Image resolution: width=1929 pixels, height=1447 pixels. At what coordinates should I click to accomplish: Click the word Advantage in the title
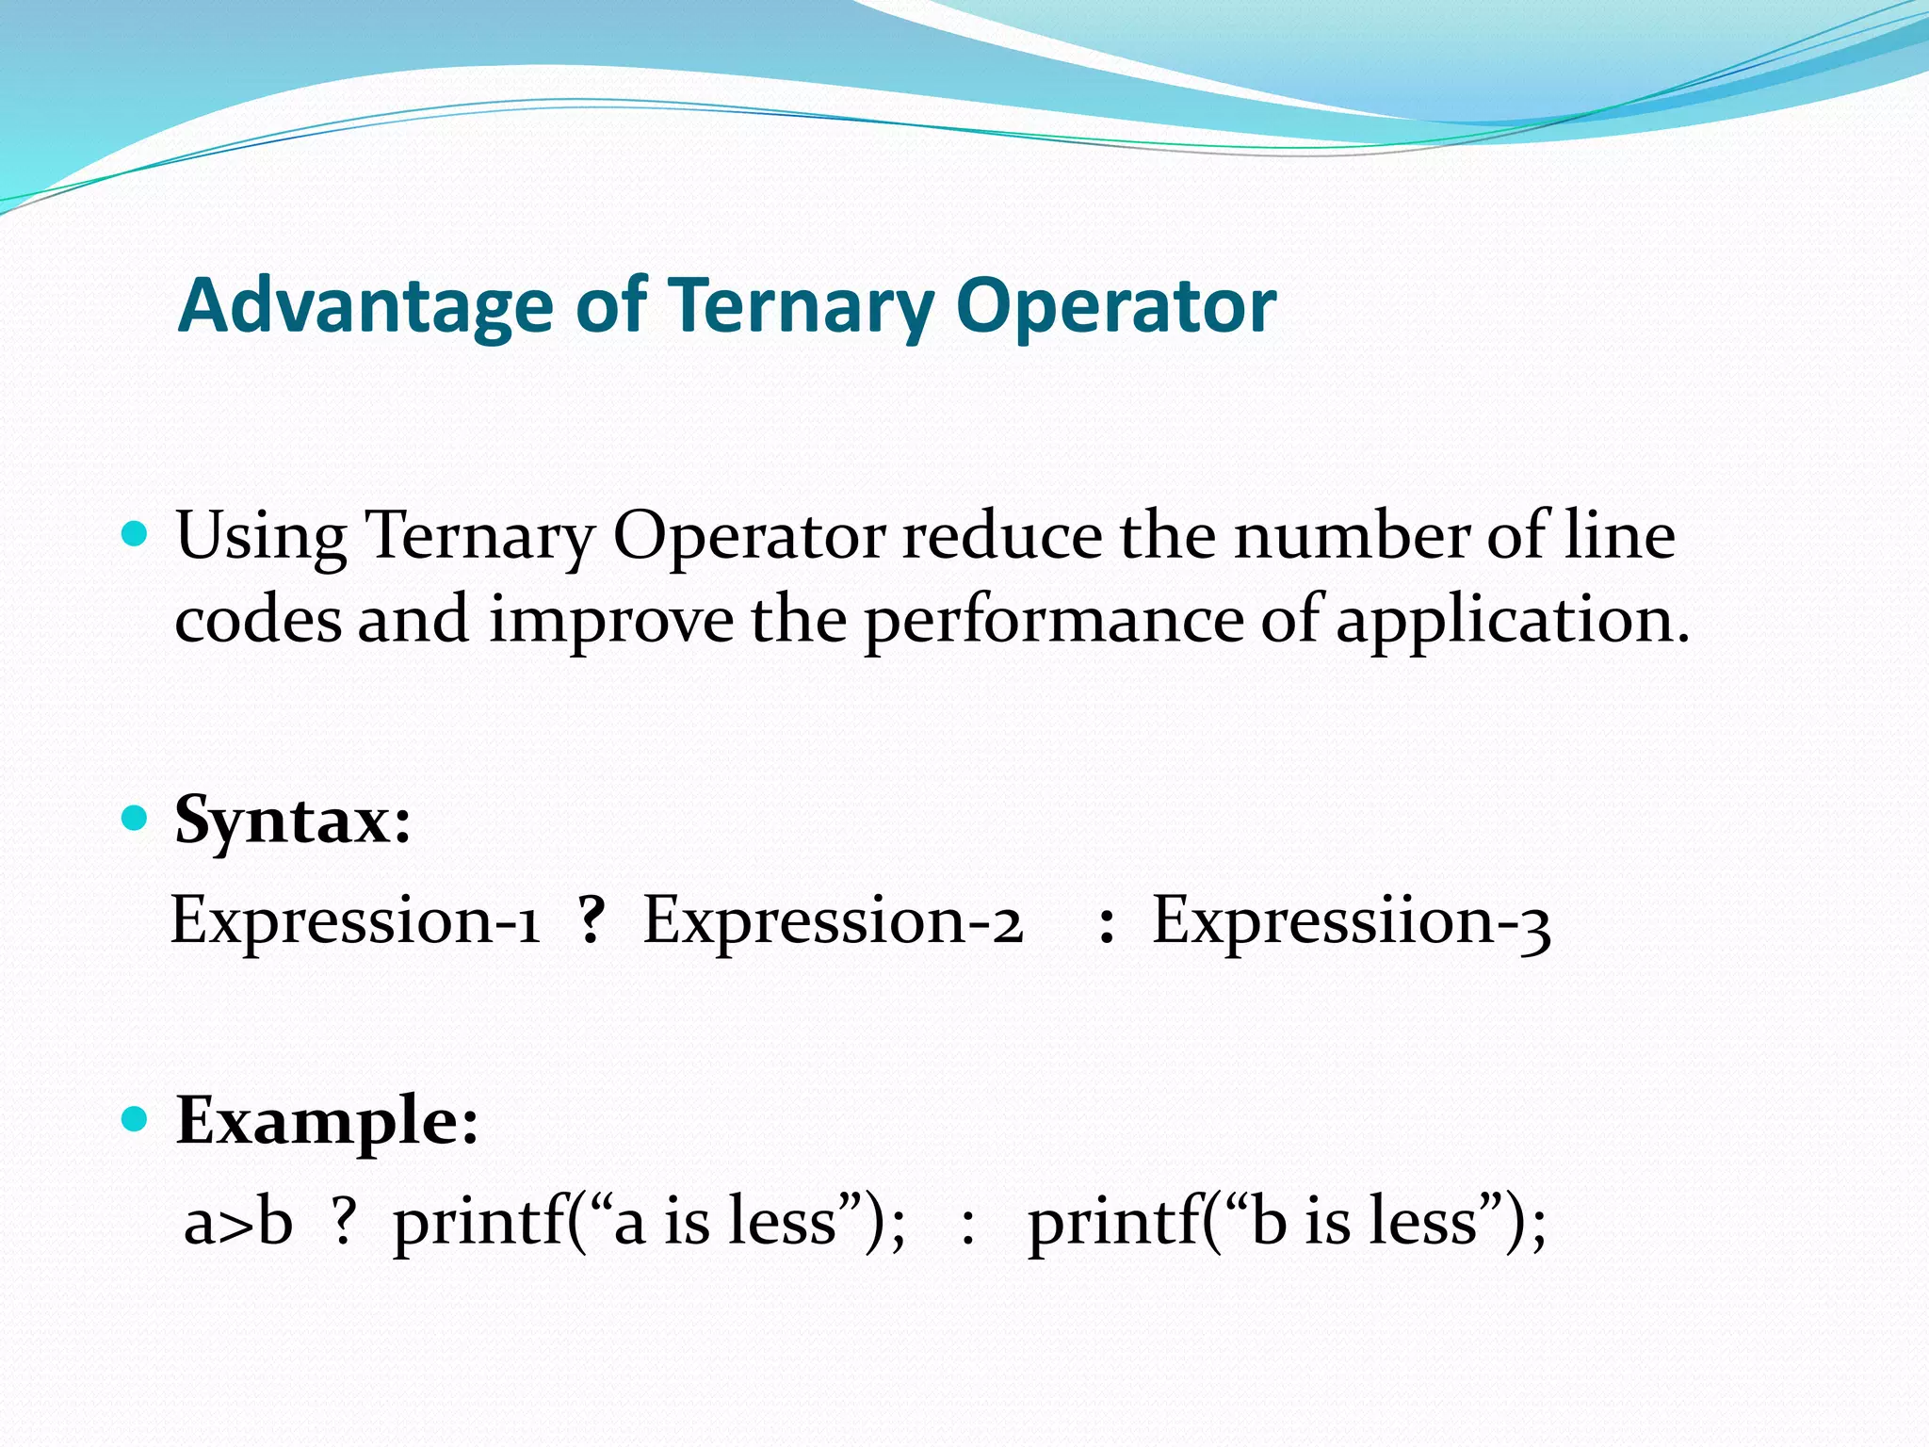point(365,307)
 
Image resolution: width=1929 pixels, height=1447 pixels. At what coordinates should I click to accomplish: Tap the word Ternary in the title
point(801,307)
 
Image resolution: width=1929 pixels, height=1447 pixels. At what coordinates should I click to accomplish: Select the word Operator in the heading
point(1115,307)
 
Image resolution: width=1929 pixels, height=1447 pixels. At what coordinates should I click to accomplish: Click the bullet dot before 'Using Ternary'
point(136,535)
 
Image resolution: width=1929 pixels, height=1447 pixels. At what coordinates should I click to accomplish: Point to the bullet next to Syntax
point(136,818)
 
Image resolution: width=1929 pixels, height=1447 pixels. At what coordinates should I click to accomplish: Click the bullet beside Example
point(136,1119)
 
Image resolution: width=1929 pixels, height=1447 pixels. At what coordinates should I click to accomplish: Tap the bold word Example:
point(327,1121)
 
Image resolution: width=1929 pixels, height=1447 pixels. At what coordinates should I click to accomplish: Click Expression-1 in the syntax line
point(355,920)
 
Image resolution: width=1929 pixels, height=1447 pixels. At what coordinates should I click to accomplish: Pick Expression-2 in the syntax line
point(833,920)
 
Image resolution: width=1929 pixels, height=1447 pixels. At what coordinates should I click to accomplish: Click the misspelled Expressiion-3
point(1351,920)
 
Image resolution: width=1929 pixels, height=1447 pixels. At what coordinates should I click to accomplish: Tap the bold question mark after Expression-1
point(592,920)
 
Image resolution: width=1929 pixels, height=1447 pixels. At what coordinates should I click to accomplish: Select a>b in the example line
point(238,1222)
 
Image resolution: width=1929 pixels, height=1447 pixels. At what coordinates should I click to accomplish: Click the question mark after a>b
point(344,1222)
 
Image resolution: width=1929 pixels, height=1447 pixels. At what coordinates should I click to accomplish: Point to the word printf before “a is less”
point(480,1222)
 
